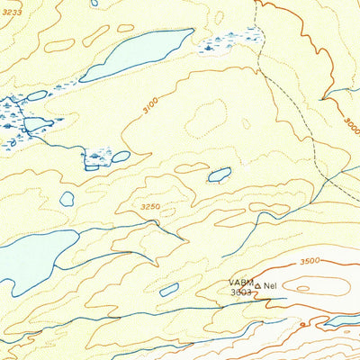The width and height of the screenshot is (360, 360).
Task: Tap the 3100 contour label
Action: click(x=148, y=107)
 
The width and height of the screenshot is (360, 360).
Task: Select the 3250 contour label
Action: click(x=151, y=208)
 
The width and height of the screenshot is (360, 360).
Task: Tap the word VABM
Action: click(x=241, y=283)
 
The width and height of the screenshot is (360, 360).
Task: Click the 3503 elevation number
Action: click(x=240, y=292)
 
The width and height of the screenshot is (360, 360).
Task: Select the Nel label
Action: click(x=269, y=286)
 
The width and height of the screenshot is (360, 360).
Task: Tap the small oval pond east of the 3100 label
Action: click(x=220, y=175)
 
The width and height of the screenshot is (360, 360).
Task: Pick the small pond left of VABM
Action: click(x=169, y=290)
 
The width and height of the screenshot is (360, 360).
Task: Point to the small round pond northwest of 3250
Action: click(x=67, y=198)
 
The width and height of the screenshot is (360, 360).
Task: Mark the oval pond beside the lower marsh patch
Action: click(x=120, y=157)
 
